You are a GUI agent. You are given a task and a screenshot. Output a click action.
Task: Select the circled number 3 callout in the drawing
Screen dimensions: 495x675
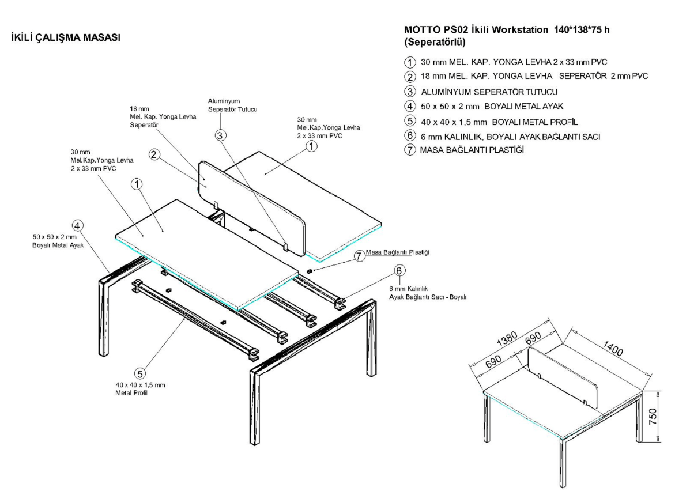221,135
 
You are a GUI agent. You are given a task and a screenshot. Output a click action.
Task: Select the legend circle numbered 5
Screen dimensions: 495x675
410,121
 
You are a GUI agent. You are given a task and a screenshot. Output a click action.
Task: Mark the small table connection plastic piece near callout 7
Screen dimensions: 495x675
309,270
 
